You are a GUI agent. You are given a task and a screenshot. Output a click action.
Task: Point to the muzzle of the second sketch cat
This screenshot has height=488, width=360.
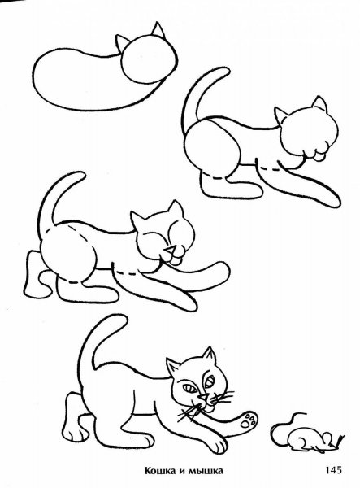(x=319, y=148)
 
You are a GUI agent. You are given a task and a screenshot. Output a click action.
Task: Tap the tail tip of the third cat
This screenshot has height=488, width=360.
(x=75, y=176)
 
